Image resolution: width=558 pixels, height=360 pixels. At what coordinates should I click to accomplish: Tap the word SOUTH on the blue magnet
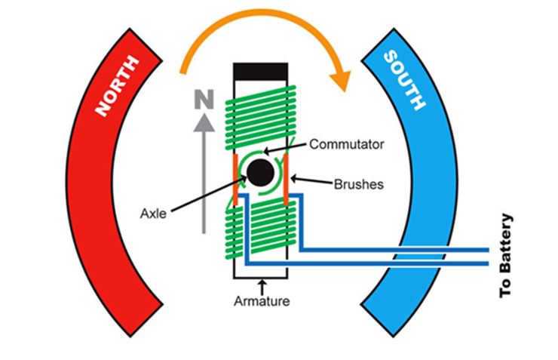(407, 82)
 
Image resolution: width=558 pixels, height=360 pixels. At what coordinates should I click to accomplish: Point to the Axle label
(154, 213)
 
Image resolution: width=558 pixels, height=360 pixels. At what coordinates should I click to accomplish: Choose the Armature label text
(262, 301)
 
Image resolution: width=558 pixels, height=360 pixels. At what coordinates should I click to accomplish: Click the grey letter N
(203, 98)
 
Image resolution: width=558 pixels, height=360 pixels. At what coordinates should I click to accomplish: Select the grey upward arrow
(203, 174)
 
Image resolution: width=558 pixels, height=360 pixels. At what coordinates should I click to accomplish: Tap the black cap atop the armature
(262, 71)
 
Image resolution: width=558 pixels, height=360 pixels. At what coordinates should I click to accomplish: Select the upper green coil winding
(261, 113)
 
